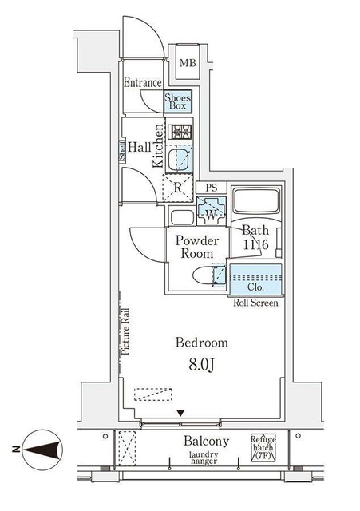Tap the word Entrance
pyautogui.click(x=143, y=82)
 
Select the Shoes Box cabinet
pyautogui.click(x=178, y=101)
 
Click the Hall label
pyautogui.click(x=140, y=146)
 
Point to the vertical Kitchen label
pyautogui.click(x=159, y=146)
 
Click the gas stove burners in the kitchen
pyautogui.click(x=182, y=132)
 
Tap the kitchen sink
pyautogui.click(x=180, y=157)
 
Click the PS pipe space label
pyautogui.click(x=212, y=188)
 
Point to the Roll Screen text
pyautogui.click(x=255, y=303)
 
